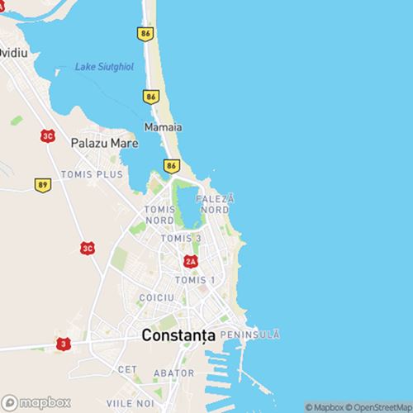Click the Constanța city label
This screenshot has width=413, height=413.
[x=178, y=336]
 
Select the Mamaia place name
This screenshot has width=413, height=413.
[x=163, y=128]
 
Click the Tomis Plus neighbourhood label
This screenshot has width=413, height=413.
[x=92, y=175]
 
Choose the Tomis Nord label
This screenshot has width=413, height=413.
[x=159, y=215]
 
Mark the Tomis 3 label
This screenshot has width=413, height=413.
[x=180, y=239]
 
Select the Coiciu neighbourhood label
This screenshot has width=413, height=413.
[x=157, y=297]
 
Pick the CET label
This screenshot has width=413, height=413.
[x=126, y=369]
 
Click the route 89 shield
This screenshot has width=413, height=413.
[x=42, y=184]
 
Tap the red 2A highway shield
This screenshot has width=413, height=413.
[x=191, y=261]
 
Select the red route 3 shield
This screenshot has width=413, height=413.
[x=63, y=343]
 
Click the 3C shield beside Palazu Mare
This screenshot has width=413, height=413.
[x=49, y=135]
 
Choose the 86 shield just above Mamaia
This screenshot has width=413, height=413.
[x=150, y=97]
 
